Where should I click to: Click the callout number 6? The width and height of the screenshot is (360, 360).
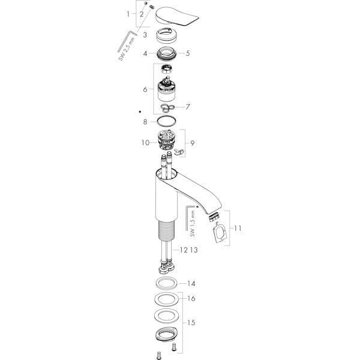(x=145, y=89)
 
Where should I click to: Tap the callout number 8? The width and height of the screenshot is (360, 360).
(x=145, y=122)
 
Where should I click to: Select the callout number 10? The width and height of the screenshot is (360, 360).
(x=146, y=143)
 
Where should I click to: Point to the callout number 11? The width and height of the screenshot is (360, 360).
(x=238, y=228)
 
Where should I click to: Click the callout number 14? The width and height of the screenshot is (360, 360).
(x=191, y=284)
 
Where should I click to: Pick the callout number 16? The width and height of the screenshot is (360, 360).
(x=191, y=298)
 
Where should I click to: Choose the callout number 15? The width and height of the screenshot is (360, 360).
(x=191, y=323)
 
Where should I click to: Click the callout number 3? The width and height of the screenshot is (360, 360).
(x=145, y=35)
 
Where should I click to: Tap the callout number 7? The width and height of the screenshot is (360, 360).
(x=188, y=107)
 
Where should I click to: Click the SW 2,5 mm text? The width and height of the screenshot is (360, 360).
(x=127, y=49)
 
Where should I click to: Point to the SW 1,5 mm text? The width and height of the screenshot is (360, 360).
(x=193, y=224)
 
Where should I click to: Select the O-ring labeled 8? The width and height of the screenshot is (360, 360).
(x=166, y=121)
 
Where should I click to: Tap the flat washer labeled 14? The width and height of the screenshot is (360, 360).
(x=166, y=283)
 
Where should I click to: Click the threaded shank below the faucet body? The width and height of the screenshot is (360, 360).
(x=166, y=230)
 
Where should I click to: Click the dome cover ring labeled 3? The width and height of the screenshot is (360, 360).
(x=167, y=35)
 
